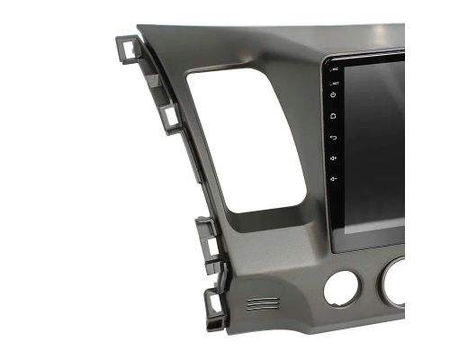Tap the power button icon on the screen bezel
pos(334,94)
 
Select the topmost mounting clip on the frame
pos(127,49)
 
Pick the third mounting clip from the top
pos(208,243)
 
